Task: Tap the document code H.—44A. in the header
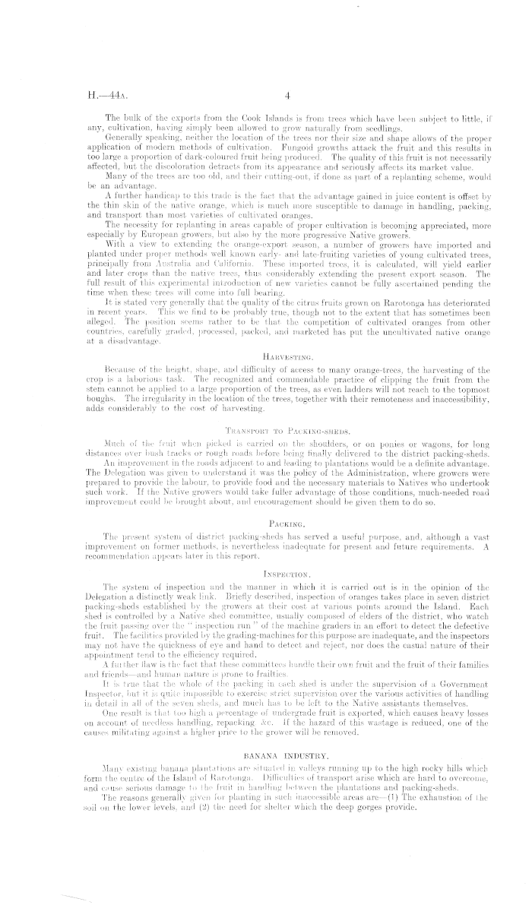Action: click(x=97, y=97)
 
